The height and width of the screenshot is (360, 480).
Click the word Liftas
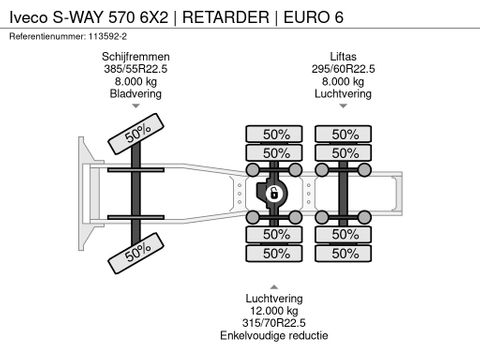tap(342, 57)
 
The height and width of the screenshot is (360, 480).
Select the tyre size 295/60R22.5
tap(342, 69)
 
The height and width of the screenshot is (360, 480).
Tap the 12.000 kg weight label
tap(274, 311)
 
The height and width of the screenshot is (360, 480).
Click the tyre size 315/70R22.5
tap(274, 323)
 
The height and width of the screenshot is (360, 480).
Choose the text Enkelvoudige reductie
tap(274, 336)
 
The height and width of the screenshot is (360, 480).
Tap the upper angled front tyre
tap(137, 134)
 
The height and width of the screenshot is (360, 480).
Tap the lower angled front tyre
tap(137, 252)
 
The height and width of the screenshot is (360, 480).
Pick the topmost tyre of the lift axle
tap(345, 134)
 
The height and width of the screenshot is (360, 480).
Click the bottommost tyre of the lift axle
tap(345, 254)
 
